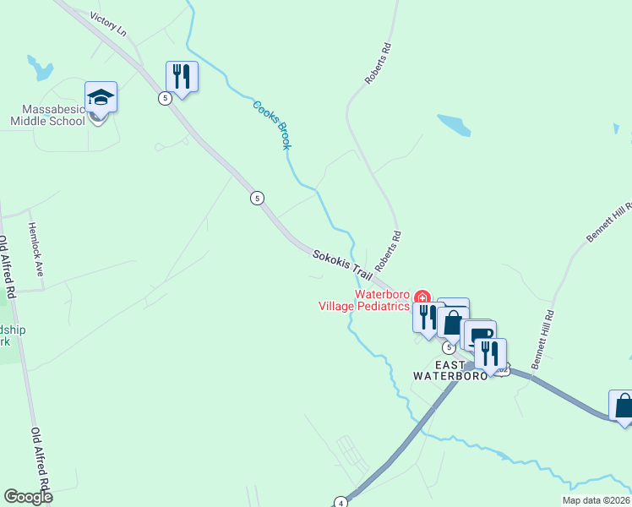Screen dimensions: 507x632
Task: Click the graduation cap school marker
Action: tap(101, 97)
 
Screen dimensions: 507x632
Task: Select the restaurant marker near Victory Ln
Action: tap(182, 77)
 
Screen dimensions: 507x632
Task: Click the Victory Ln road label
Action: tap(107, 24)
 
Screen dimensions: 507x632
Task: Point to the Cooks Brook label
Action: tap(272, 125)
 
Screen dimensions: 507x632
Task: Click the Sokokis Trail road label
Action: tap(342, 264)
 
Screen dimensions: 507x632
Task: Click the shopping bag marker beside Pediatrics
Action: tap(453, 322)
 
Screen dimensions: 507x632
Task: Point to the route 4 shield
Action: tap(340, 502)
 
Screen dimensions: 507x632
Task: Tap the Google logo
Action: tap(28, 497)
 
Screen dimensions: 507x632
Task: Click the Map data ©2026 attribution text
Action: tap(596, 500)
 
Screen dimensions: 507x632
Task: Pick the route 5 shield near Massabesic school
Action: tap(165, 98)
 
